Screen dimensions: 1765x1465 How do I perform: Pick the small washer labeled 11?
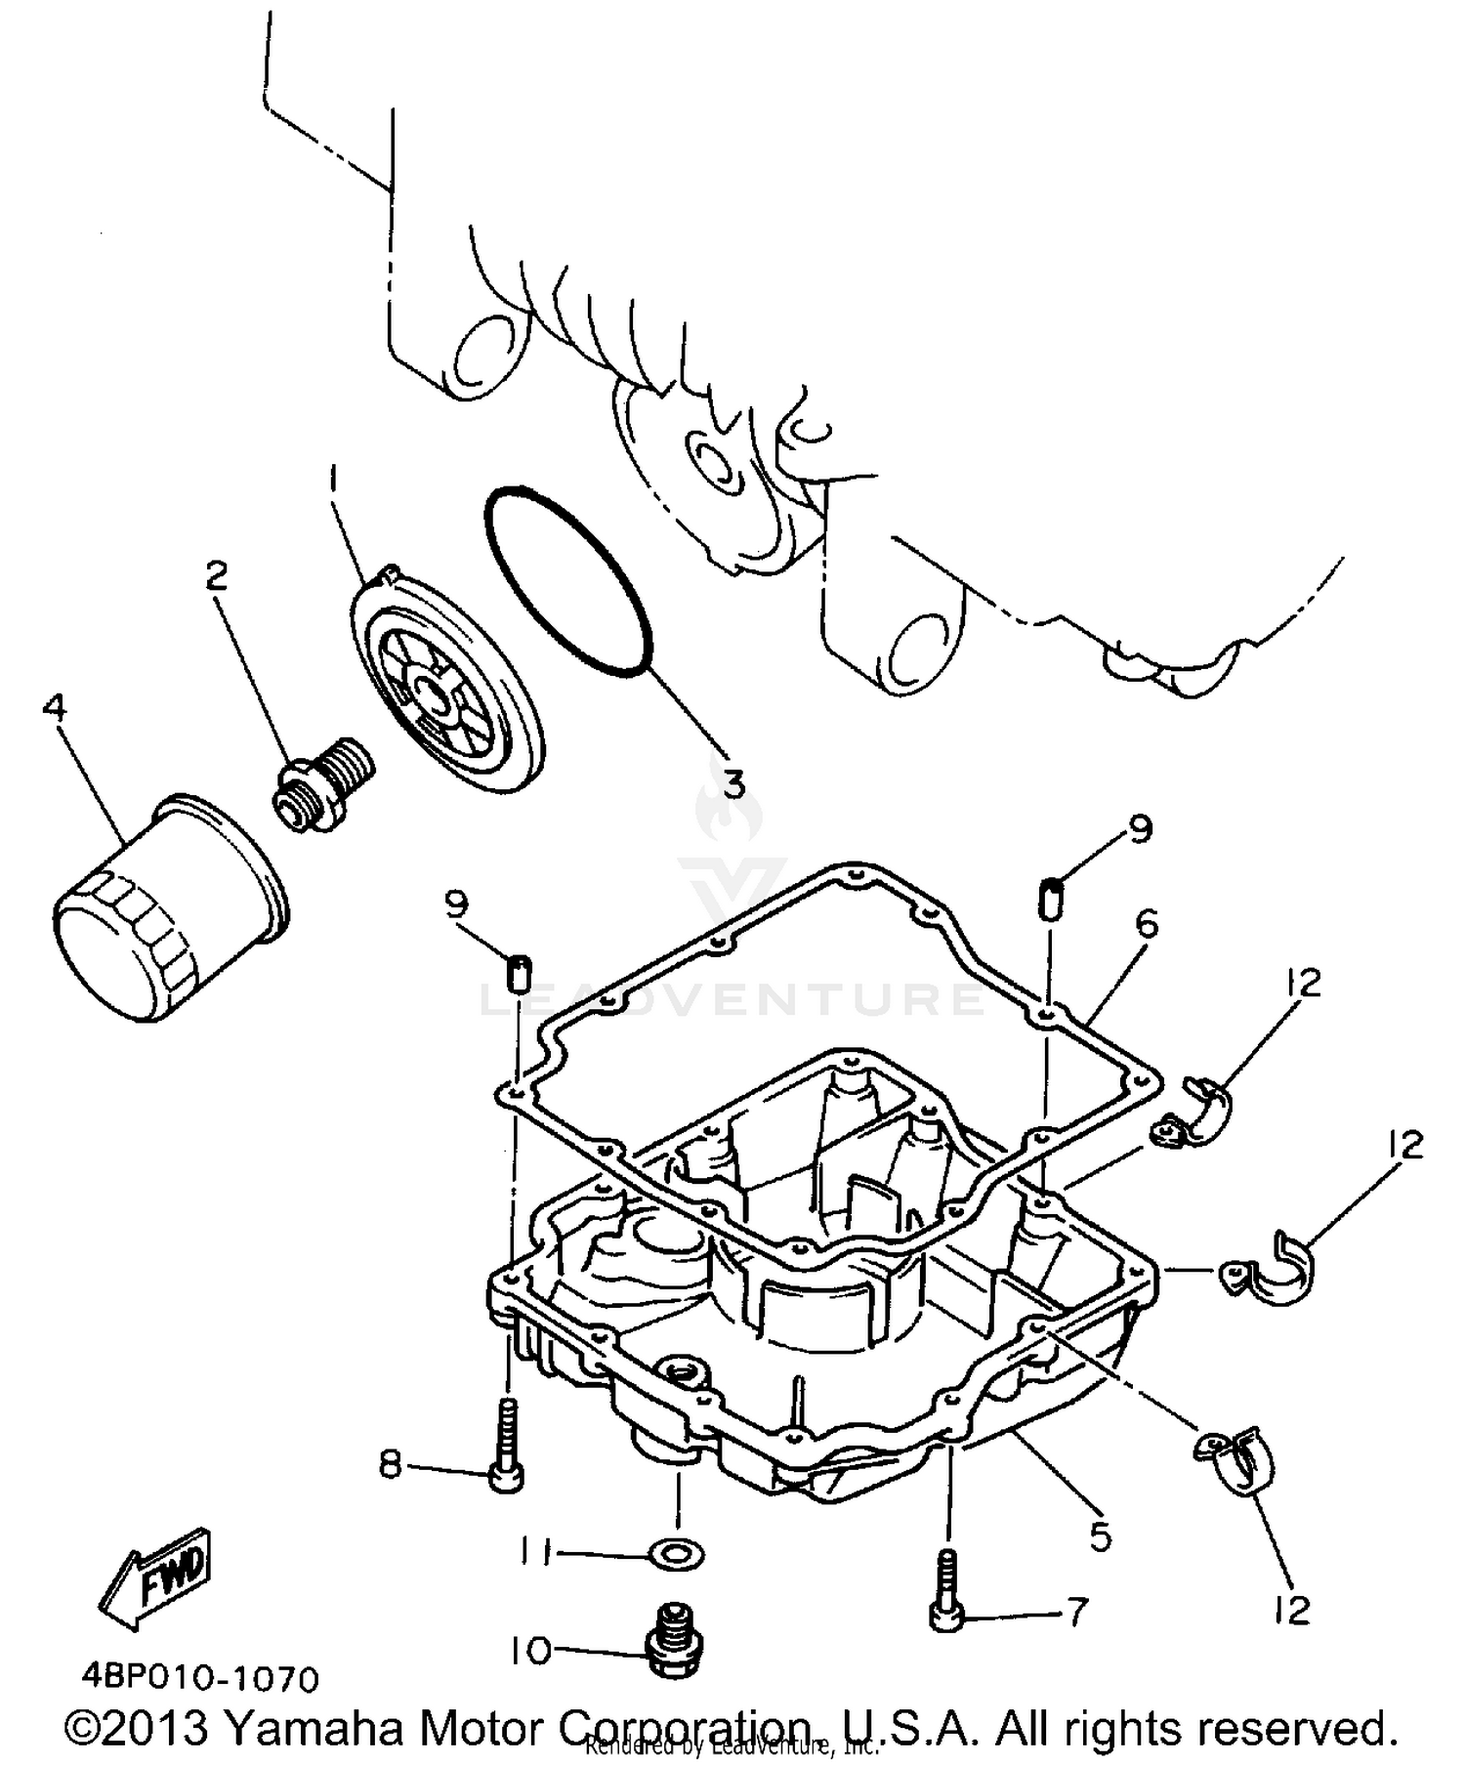point(676,1551)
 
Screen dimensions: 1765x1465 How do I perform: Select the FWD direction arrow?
point(156,1580)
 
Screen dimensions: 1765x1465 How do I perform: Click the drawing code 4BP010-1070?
point(199,1680)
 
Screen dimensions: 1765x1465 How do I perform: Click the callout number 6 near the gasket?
point(1146,923)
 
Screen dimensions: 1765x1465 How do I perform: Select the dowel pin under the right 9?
point(1050,898)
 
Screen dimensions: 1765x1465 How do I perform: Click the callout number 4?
point(55,707)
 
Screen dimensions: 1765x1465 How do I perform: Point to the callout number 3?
point(731,781)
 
